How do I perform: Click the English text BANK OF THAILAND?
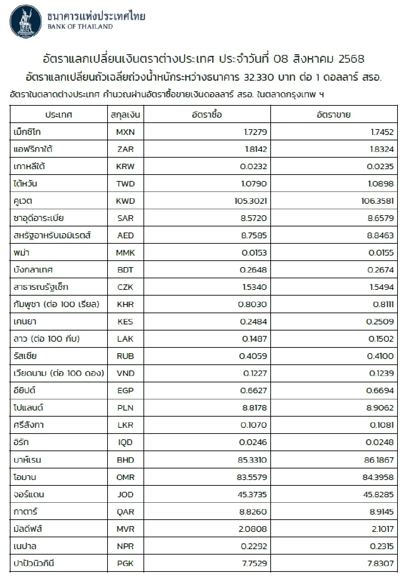point(80,27)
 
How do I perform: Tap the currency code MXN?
point(125,132)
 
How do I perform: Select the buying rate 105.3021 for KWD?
point(251,201)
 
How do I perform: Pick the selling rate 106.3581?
point(377,201)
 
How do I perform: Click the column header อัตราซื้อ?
point(207,115)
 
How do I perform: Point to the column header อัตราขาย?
point(333,115)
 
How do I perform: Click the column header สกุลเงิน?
point(125,115)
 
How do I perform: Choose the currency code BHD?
point(125,460)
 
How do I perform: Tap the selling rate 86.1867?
point(378,460)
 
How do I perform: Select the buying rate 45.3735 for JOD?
point(252,495)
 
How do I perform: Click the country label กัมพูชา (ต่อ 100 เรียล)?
point(56,304)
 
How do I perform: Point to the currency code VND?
point(125,373)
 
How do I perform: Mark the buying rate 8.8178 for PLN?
point(254,408)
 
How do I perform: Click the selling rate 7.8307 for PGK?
point(381,563)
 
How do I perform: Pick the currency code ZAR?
point(125,149)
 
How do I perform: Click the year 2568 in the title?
point(351,59)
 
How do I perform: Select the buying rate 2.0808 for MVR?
point(253,529)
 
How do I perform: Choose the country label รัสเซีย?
point(25,356)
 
